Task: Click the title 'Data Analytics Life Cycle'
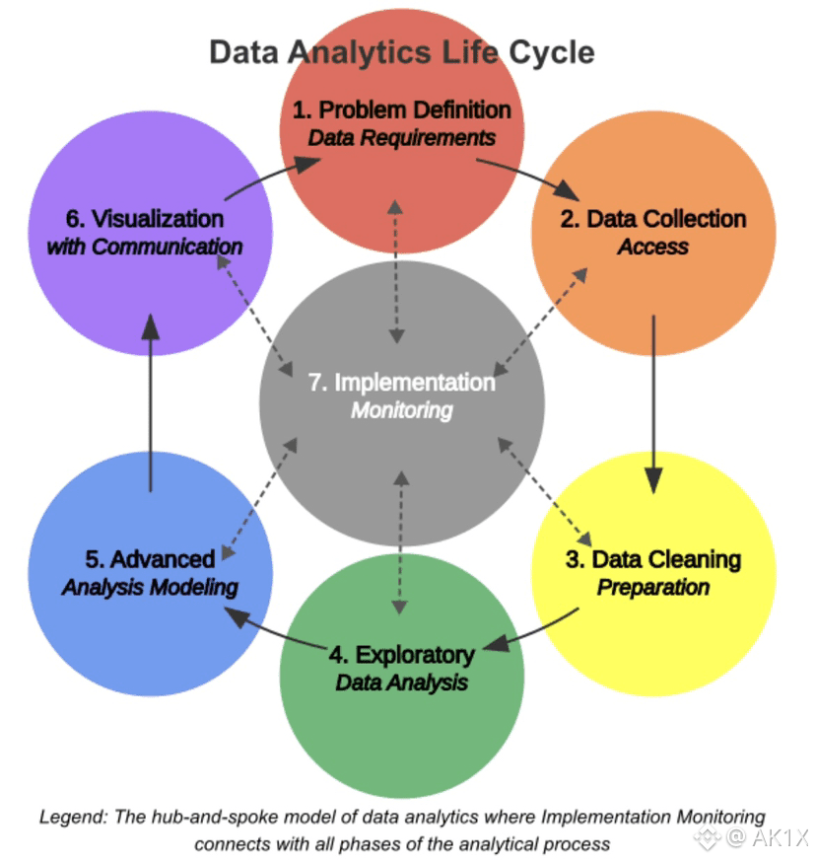pyautogui.click(x=402, y=51)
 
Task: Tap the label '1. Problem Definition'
pyautogui.click(x=401, y=108)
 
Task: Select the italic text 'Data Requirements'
pyautogui.click(x=402, y=137)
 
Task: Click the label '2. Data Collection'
pyautogui.click(x=652, y=218)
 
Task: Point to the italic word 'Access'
pyautogui.click(x=652, y=247)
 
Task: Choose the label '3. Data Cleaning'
pyautogui.click(x=652, y=559)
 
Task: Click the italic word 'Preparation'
pyautogui.click(x=652, y=587)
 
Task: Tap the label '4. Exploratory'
pyautogui.click(x=401, y=654)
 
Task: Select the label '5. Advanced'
pyautogui.click(x=150, y=559)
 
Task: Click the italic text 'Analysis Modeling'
pyautogui.click(x=150, y=587)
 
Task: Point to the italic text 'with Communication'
pyautogui.click(x=145, y=247)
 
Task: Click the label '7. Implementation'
pyautogui.click(x=401, y=382)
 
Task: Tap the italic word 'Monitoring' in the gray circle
pyautogui.click(x=401, y=409)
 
